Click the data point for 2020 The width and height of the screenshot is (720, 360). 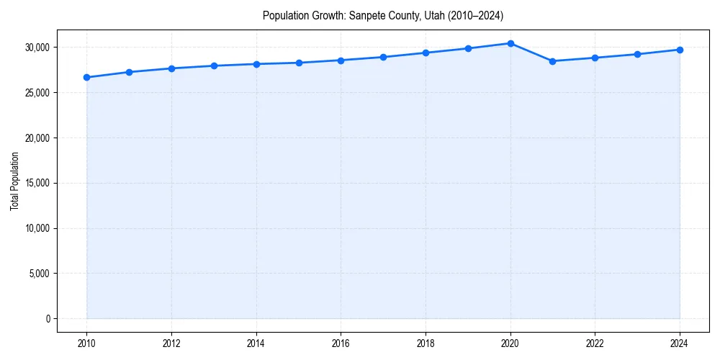(510, 43)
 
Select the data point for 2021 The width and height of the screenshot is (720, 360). (553, 61)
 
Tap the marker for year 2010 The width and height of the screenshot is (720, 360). (86, 77)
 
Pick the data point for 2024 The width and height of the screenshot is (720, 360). (680, 50)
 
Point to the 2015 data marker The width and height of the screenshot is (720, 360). (299, 63)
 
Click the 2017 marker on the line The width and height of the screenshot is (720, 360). (383, 57)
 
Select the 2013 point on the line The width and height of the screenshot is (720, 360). (214, 66)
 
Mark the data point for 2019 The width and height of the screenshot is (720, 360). (468, 48)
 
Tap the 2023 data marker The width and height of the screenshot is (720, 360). (637, 54)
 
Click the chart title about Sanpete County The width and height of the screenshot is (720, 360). (382, 15)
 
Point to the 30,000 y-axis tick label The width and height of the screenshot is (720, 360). (36, 48)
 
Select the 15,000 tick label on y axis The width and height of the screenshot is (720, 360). (36, 183)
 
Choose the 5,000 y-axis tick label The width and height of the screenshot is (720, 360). (38, 274)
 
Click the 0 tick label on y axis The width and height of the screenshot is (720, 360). (48, 319)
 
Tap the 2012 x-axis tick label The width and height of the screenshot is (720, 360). (171, 343)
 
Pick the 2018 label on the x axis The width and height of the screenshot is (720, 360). (426, 343)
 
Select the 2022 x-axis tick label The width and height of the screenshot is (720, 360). (595, 343)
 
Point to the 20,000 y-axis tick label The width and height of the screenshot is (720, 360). (36, 138)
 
